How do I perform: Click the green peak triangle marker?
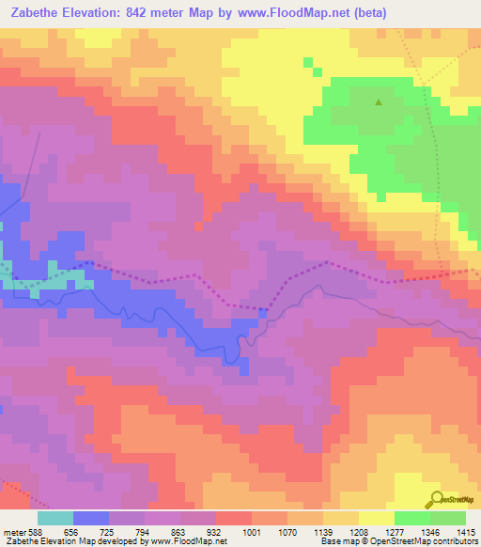point(379,102)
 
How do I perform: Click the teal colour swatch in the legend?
point(55,518)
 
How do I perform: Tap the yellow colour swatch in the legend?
point(376,518)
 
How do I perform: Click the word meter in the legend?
point(13,532)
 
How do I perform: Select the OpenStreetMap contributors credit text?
point(422,541)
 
